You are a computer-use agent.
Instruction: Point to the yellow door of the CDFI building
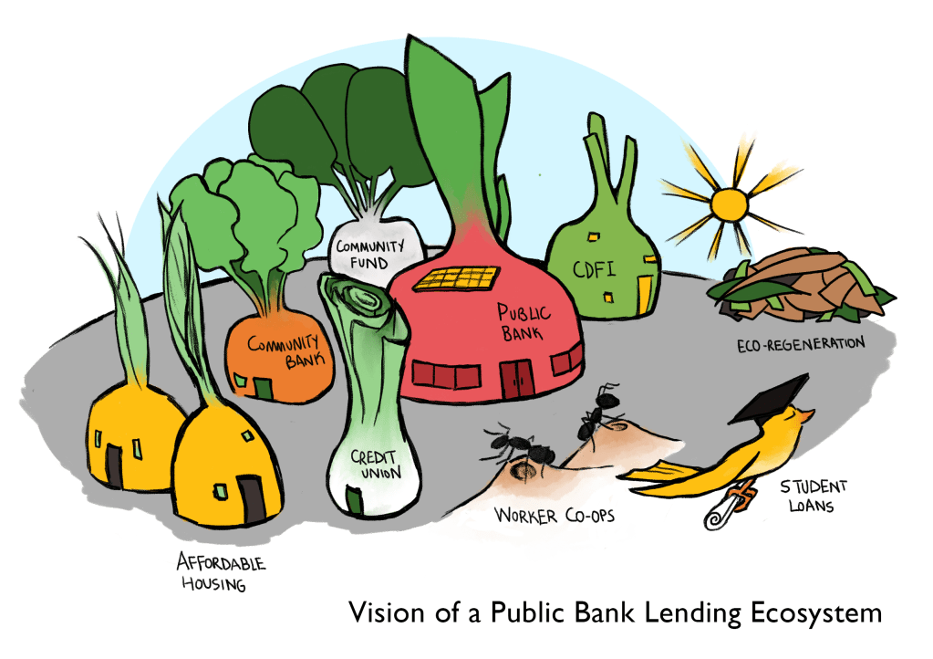644,289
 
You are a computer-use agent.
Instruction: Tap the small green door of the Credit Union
353,499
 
